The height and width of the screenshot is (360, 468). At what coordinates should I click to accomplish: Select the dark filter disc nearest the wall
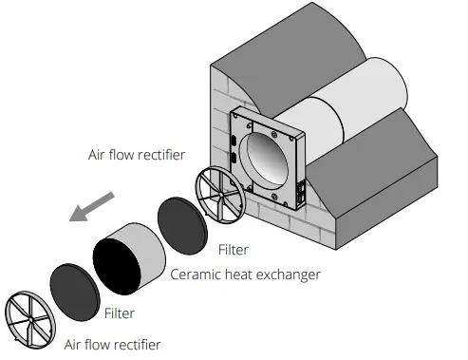click(x=181, y=224)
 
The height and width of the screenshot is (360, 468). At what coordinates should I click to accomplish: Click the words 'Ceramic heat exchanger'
click(x=245, y=275)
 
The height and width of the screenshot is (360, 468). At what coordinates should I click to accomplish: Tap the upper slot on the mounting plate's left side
click(x=234, y=135)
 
